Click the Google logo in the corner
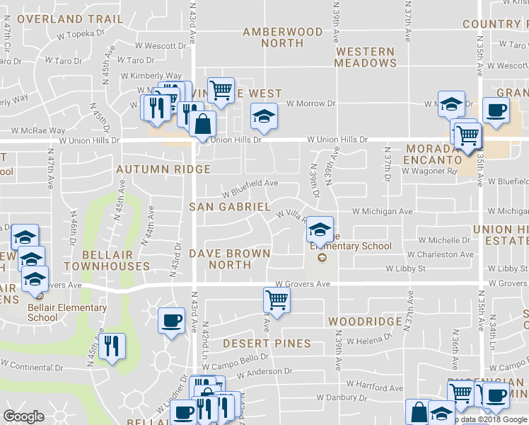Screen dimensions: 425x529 [24, 416]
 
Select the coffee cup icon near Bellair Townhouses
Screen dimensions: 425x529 [172, 320]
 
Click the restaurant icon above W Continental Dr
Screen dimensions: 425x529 [112, 346]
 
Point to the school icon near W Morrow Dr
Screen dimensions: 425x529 [264, 115]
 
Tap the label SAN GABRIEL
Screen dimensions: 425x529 [230, 207]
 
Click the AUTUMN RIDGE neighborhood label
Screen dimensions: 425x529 [163, 169]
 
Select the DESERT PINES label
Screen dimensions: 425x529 [267, 344]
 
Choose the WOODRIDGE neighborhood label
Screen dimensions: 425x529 [366, 322]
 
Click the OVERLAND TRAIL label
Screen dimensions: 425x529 [59, 19]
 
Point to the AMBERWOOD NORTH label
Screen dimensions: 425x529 [283, 38]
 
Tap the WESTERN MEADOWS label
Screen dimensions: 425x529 [366, 57]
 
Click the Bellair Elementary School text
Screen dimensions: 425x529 [67, 312]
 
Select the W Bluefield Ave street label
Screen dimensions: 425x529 [250, 187]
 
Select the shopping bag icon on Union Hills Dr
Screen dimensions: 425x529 [203, 123]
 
